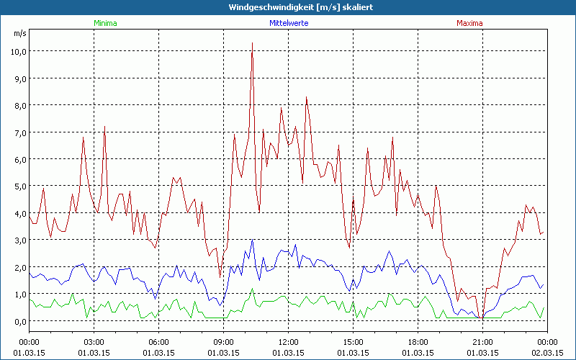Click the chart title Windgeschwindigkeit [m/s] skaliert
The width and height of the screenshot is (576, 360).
point(288,7)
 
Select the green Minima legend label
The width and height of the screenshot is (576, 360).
point(105,23)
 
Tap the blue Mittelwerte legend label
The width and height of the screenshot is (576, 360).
point(288,23)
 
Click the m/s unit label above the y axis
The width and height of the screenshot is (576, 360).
point(19,34)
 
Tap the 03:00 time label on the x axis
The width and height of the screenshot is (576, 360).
point(94,342)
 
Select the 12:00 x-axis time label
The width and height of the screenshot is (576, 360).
point(288,342)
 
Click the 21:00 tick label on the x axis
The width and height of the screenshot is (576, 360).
point(482,342)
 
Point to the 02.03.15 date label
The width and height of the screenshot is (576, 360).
point(547,352)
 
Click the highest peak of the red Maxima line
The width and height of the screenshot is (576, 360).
point(252,43)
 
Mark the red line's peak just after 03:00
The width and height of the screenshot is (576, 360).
point(104,127)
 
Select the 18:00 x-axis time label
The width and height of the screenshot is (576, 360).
point(418,342)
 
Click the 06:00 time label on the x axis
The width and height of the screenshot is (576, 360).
point(158,342)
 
